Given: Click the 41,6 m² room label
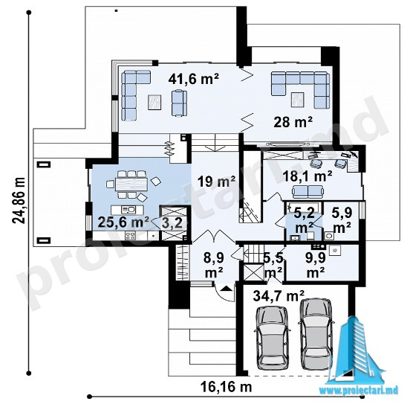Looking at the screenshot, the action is [x=193, y=79].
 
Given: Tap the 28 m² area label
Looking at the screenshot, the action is [x=293, y=122].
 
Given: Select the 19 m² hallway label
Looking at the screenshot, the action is [x=216, y=182].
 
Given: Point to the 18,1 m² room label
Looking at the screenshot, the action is [x=307, y=176].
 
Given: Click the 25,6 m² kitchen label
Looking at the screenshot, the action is [x=123, y=222].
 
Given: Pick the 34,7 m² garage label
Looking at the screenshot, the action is [x=279, y=296].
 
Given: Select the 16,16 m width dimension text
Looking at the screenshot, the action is [x=226, y=387].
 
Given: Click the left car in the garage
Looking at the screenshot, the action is [x=272, y=339].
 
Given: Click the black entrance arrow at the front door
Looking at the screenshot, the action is [x=226, y=287].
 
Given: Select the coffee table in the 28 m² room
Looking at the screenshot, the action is [x=298, y=100].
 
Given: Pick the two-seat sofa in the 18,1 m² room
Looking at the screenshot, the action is [x=308, y=191].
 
